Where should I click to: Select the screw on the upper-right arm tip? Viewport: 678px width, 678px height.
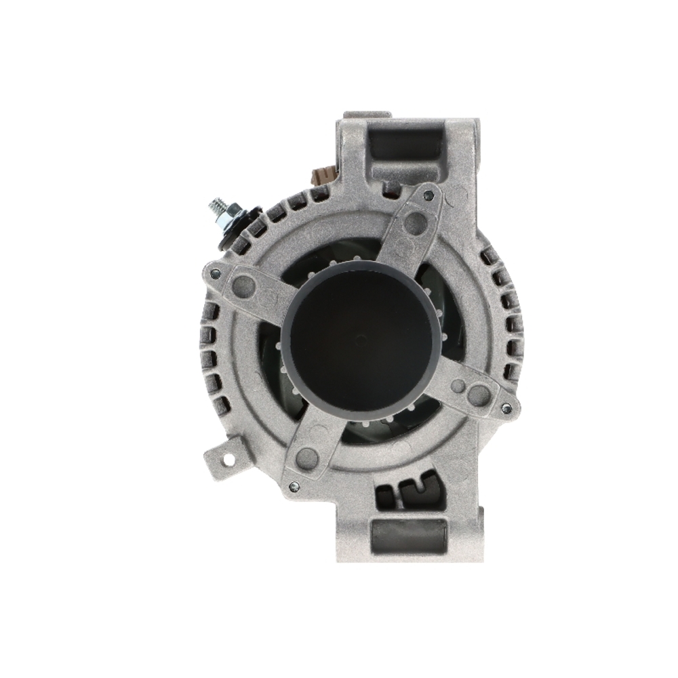tap(427, 196)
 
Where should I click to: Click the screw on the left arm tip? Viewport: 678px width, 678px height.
tap(215, 273)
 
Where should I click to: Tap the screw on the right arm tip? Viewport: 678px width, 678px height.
tap(505, 408)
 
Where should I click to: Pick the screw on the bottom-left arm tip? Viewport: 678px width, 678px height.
tap(293, 485)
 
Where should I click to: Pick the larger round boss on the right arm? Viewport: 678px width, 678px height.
tap(479, 392)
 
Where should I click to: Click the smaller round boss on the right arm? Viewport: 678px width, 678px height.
tap(459, 386)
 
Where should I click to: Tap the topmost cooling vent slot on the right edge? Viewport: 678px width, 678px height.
tap(486, 257)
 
